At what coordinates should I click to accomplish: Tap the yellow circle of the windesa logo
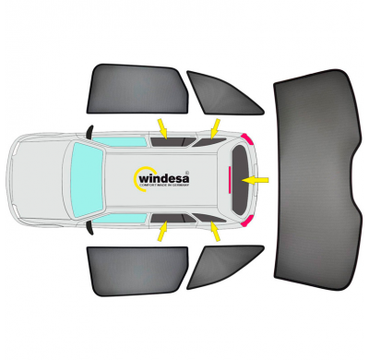(x=141, y=177)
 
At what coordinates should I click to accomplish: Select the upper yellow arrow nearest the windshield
(x=162, y=126)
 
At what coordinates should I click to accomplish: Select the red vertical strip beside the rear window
(x=230, y=178)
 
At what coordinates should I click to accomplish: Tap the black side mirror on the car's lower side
(x=89, y=224)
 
